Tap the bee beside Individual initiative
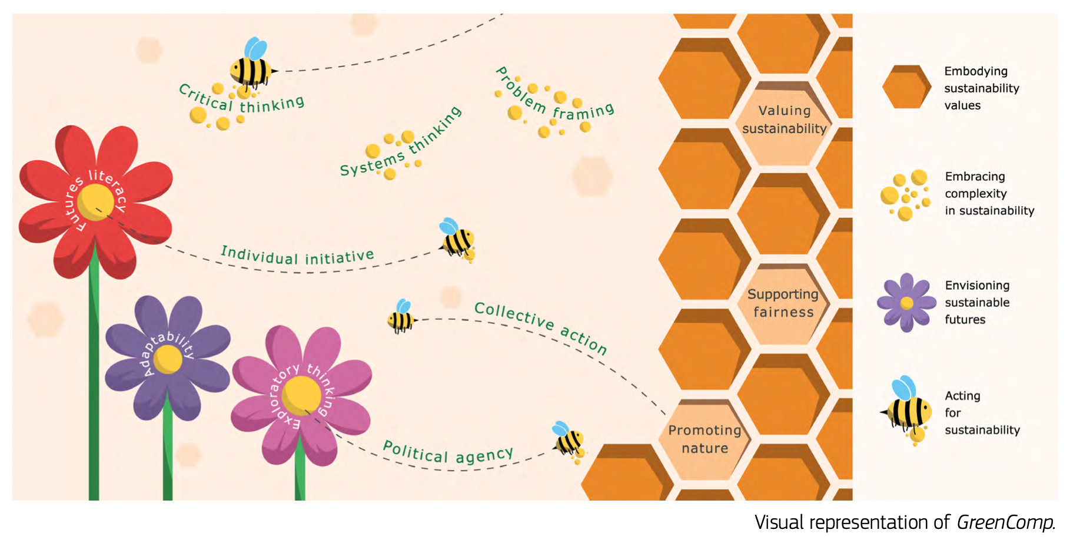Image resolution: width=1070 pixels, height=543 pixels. [x=457, y=239]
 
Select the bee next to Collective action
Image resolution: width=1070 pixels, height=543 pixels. [x=401, y=318]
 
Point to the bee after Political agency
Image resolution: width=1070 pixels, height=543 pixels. [x=568, y=439]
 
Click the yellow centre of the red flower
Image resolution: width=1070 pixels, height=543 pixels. [x=95, y=201]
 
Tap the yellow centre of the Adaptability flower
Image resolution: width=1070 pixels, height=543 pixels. [x=168, y=359]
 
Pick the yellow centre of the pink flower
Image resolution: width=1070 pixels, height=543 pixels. [x=301, y=395]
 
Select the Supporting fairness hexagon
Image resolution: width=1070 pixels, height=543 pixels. [x=783, y=304]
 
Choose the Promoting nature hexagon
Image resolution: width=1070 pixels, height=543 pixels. [x=705, y=439]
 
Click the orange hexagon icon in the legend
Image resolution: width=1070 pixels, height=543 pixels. [x=906, y=87]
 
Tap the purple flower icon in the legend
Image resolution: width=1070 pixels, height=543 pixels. [x=906, y=303]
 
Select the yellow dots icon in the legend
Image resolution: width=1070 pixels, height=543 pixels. [x=905, y=194]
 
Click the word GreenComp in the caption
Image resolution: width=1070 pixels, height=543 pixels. [x=1004, y=522]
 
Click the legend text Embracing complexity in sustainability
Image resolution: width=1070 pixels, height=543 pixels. [x=989, y=194]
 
